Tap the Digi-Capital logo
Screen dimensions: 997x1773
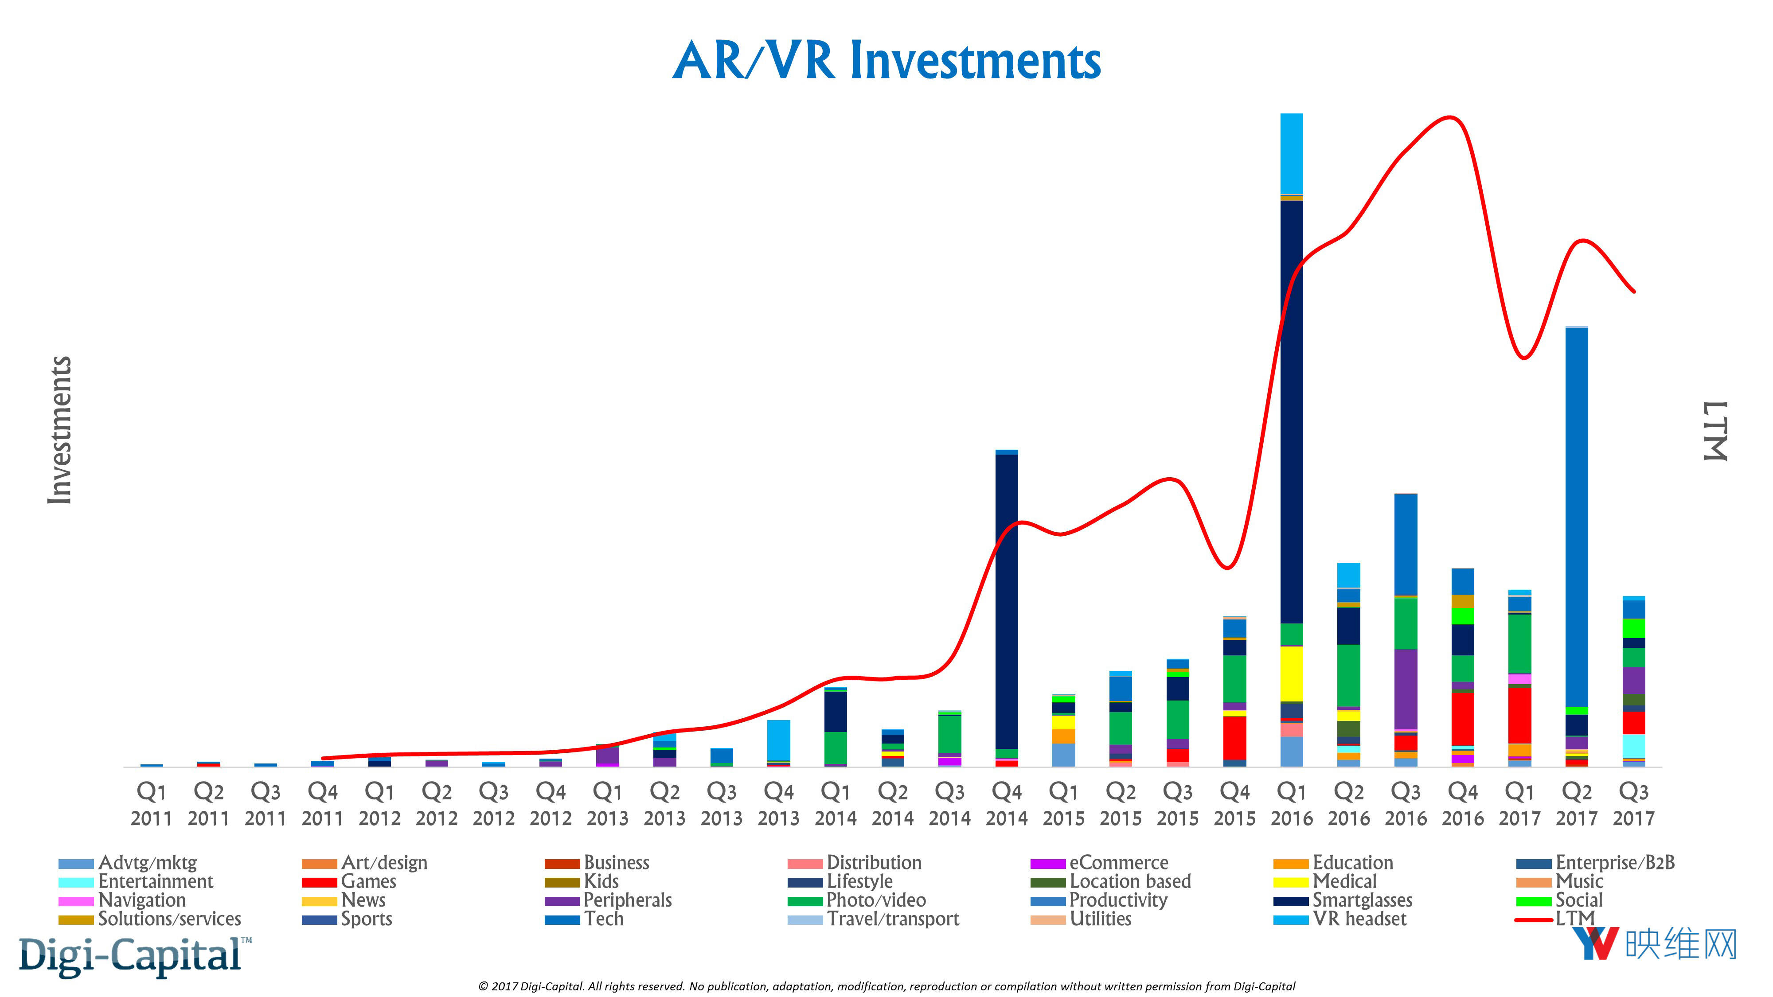[131, 955]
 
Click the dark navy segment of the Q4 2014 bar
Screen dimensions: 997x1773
[1006, 599]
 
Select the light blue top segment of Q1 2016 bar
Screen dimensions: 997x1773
[1291, 153]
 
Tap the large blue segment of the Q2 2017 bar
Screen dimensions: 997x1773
[1576, 516]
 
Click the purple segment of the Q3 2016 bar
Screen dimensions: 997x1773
[1406, 688]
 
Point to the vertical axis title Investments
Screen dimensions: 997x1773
[60, 430]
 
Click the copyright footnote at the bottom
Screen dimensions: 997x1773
[886, 986]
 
